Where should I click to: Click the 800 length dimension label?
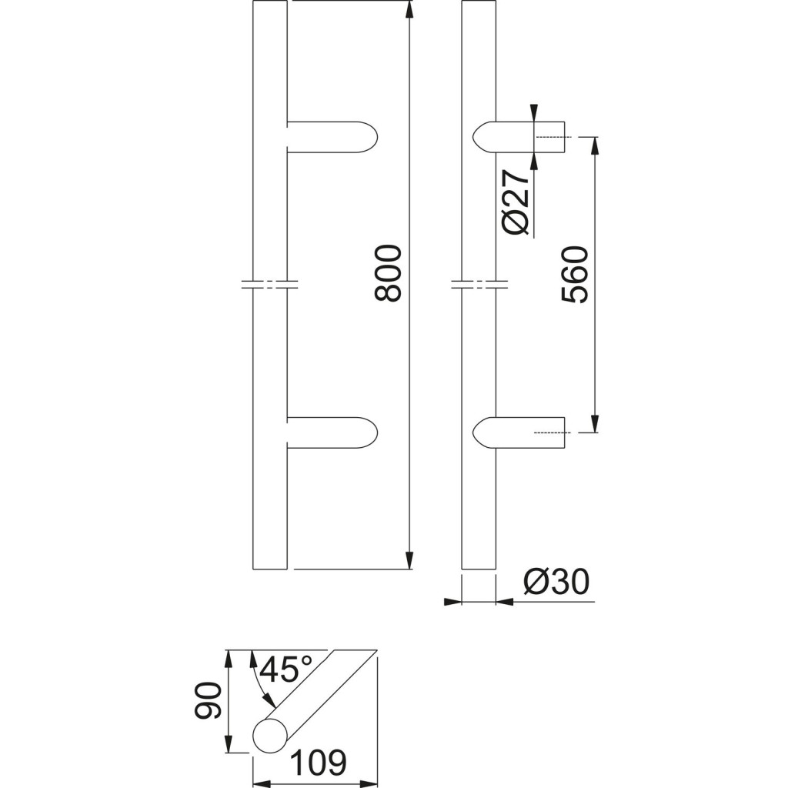click(x=389, y=273)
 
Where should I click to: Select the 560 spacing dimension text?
click(x=574, y=275)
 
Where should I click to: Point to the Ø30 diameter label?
click(x=556, y=583)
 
